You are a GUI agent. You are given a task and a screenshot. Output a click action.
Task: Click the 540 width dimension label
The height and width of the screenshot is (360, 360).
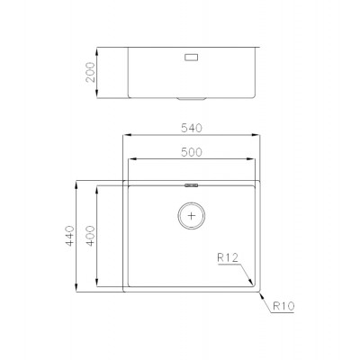[192, 128]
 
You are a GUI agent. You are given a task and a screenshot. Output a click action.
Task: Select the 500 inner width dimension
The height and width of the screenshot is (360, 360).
[192, 152]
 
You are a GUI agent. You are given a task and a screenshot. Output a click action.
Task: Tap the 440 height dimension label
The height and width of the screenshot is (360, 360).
[70, 236]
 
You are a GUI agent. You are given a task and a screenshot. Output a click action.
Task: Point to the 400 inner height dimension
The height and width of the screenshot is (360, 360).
[90, 236]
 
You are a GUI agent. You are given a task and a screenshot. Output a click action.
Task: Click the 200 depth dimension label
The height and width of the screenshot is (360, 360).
[90, 72]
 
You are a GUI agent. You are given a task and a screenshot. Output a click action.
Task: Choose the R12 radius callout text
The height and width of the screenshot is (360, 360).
[228, 257]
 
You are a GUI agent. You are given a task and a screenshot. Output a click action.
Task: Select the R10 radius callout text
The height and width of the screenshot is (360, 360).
[283, 306]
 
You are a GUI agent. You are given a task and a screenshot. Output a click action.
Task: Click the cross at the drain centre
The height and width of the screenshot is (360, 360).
[192, 215]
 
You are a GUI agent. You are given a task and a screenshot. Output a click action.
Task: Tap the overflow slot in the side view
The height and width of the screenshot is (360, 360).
[192, 58]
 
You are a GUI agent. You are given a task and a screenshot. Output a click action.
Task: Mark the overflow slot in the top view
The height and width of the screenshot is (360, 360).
[192, 185]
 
